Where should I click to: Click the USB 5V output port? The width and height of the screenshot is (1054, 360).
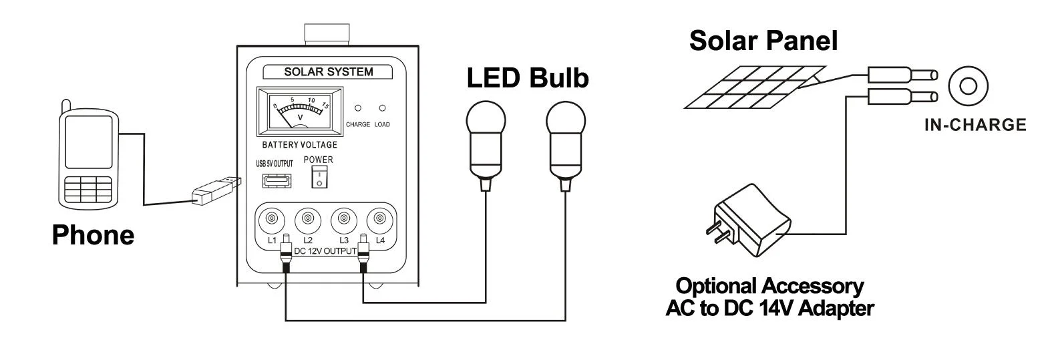click(x=272, y=180)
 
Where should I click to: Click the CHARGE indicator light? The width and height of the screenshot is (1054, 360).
click(x=358, y=108)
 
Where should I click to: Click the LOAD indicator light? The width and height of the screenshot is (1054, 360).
click(x=383, y=108)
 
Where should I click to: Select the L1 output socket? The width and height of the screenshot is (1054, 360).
click(x=272, y=219)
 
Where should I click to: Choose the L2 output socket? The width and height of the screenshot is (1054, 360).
click(x=308, y=219)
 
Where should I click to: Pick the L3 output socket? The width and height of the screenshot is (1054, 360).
click(x=344, y=219)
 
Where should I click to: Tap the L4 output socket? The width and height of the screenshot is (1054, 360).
click(x=380, y=219)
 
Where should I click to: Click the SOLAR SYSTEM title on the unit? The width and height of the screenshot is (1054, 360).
click(x=329, y=72)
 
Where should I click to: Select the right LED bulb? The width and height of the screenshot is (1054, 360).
click(x=566, y=140)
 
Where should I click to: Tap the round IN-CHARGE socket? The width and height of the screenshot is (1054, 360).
click(x=968, y=85)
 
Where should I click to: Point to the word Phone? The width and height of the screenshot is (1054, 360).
click(x=93, y=235)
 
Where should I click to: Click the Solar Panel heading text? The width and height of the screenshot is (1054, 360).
click(x=763, y=41)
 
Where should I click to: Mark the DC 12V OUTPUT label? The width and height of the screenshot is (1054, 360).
click(x=325, y=251)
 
